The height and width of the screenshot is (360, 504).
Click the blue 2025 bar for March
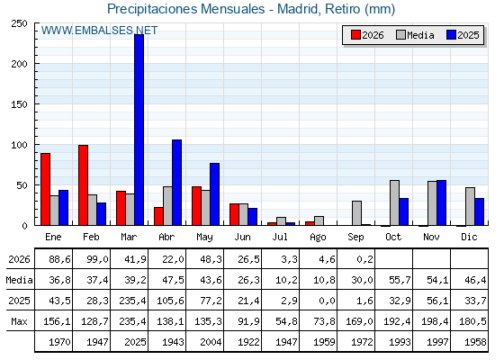click(139, 130)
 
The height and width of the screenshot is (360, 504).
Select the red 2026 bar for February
click(83, 185)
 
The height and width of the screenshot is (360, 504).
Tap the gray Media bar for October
click(395, 202)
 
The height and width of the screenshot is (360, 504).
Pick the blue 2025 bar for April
click(176, 183)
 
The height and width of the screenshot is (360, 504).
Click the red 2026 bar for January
click(45, 189)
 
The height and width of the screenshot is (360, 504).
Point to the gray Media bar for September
click(356, 213)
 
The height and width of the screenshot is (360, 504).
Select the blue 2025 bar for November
click(441, 202)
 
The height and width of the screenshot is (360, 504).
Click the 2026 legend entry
click(367, 35)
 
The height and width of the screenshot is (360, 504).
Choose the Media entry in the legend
click(415, 35)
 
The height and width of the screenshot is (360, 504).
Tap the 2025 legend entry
click(463, 35)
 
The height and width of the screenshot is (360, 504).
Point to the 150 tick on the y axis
click(19, 104)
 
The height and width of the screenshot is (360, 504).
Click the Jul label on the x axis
click(280, 237)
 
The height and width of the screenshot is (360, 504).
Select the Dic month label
click(469, 237)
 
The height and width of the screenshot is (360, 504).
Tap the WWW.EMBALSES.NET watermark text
click(99, 31)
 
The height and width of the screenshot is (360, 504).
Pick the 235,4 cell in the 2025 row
click(132, 301)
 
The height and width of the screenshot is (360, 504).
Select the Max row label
click(19, 321)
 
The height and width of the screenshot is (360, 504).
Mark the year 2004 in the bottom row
click(211, 342)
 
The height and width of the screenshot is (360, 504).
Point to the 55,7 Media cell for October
click(400, 280)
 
